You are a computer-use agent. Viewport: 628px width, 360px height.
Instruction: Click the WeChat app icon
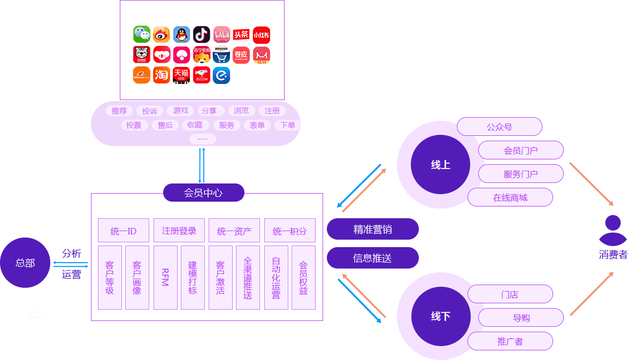click(141, 34)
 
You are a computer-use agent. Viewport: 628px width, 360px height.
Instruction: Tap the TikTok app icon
click(202, 34)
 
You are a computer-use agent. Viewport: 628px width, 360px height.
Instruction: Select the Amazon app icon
click(221, 55)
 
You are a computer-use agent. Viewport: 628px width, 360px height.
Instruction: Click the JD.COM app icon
click(202, 75)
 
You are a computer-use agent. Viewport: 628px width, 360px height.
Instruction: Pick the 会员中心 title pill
click(203, 193)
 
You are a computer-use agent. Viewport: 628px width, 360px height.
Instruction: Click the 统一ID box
click(124, 231)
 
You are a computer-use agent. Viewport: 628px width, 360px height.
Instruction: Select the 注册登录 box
click(179, 231)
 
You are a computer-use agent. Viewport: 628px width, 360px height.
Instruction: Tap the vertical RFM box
click(165, 277)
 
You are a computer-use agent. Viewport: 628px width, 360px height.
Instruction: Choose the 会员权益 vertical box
click(303, 277)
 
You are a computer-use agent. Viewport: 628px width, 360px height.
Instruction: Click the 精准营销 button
click(372, 229)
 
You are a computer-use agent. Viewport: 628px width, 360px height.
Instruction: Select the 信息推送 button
click(372, 258)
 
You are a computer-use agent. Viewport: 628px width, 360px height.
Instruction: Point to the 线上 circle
click(440, 165)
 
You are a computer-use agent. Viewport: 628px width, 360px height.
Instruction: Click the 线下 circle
click(440, 316)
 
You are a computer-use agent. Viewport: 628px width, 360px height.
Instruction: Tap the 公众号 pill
click(499, 127)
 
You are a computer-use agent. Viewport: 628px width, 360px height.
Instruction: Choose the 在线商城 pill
click(510, 197)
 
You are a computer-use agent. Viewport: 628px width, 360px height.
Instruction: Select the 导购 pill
click(520, 318)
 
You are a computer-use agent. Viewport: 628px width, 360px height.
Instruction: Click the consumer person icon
click(612, 230)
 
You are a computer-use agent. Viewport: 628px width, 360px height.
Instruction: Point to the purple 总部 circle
click(25, 263)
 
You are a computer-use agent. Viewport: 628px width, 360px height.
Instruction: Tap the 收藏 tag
click(195, 125)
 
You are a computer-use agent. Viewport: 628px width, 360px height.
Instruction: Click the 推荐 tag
click(119, 111)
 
